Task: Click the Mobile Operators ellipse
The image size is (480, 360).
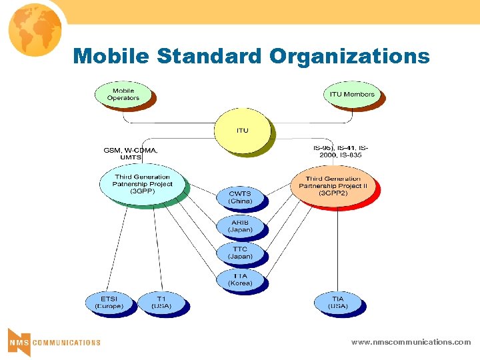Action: pos(123,95)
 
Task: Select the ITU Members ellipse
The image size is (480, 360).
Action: pos(352,95)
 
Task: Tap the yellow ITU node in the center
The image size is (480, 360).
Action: pos(242,130)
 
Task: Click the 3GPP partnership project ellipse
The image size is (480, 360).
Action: pos(142,184)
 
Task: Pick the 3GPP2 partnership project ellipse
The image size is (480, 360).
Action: pos(333,185)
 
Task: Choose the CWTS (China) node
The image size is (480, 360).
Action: pos(240,197)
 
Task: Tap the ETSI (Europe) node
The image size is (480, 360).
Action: pos(109,303)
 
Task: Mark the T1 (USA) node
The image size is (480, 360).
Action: pos(161,303)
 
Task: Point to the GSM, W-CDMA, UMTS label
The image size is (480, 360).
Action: pos(131,154)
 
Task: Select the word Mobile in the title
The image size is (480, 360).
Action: pos(111,56)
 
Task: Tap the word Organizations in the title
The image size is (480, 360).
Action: pos(350,56)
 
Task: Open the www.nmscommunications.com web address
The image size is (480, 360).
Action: pos(411,342)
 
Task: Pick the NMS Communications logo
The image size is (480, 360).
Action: pos(53,342)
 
